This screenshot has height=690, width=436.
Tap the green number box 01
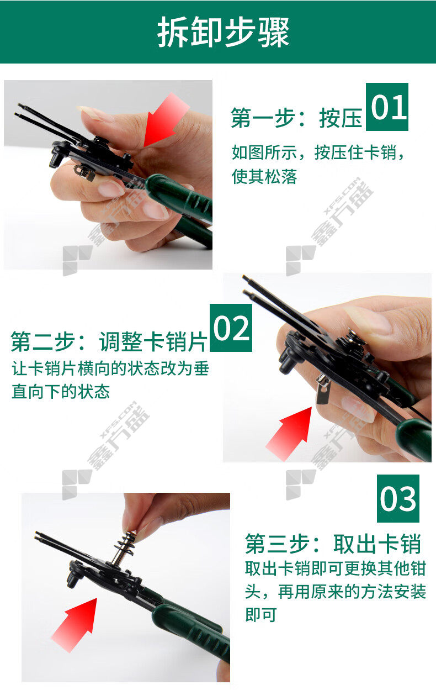tap(387, 107)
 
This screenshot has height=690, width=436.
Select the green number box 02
tap(231, 328)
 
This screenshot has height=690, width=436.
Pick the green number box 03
tap(398, 498)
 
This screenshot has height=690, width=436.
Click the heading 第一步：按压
tap(296, 118)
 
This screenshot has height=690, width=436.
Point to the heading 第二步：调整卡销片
tap(109, 341)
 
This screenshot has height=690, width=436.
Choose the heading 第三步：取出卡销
tap(333, 544)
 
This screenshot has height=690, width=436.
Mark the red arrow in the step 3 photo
tap(75, 625)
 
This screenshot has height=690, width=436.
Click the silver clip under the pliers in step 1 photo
tap(84, 172)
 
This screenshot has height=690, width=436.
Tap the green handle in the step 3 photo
tap(191, 624)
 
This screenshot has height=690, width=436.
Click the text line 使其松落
tap(264, 176)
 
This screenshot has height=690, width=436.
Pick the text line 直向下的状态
tap(60, 392)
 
